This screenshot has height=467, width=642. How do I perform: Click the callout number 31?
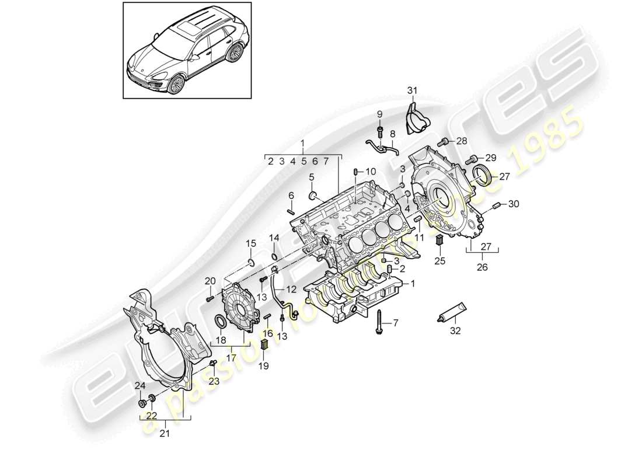coord(413,90)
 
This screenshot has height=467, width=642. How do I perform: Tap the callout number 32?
coord(455,331)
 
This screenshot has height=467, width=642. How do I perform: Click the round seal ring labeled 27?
coord(483,175)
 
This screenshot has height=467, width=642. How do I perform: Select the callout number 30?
coord(512,204)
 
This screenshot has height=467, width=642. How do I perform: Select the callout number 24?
coord(139,385)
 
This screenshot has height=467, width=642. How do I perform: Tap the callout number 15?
coord(250,243)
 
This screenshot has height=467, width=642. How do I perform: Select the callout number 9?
coord(379,114)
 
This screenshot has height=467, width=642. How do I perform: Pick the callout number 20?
coord(210,282)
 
